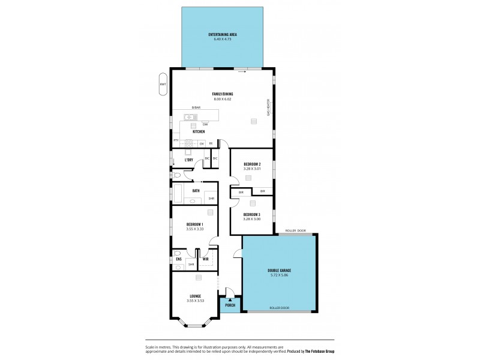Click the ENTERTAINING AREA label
point(222,34)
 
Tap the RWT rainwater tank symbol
point(163,84)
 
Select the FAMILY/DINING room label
point(222,94)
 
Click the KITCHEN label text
point(199,131)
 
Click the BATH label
point(196,191)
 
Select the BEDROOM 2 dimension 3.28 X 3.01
point(252,169)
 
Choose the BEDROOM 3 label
point(252,214)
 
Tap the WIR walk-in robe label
point(205,259)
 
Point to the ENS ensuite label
point(178,259)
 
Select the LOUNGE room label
point(196,296)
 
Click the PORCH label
point(229,305)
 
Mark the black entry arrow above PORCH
point(229,299)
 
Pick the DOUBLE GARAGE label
point(279,271)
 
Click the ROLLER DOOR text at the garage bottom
point(279,308)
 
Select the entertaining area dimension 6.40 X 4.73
point(222,39)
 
